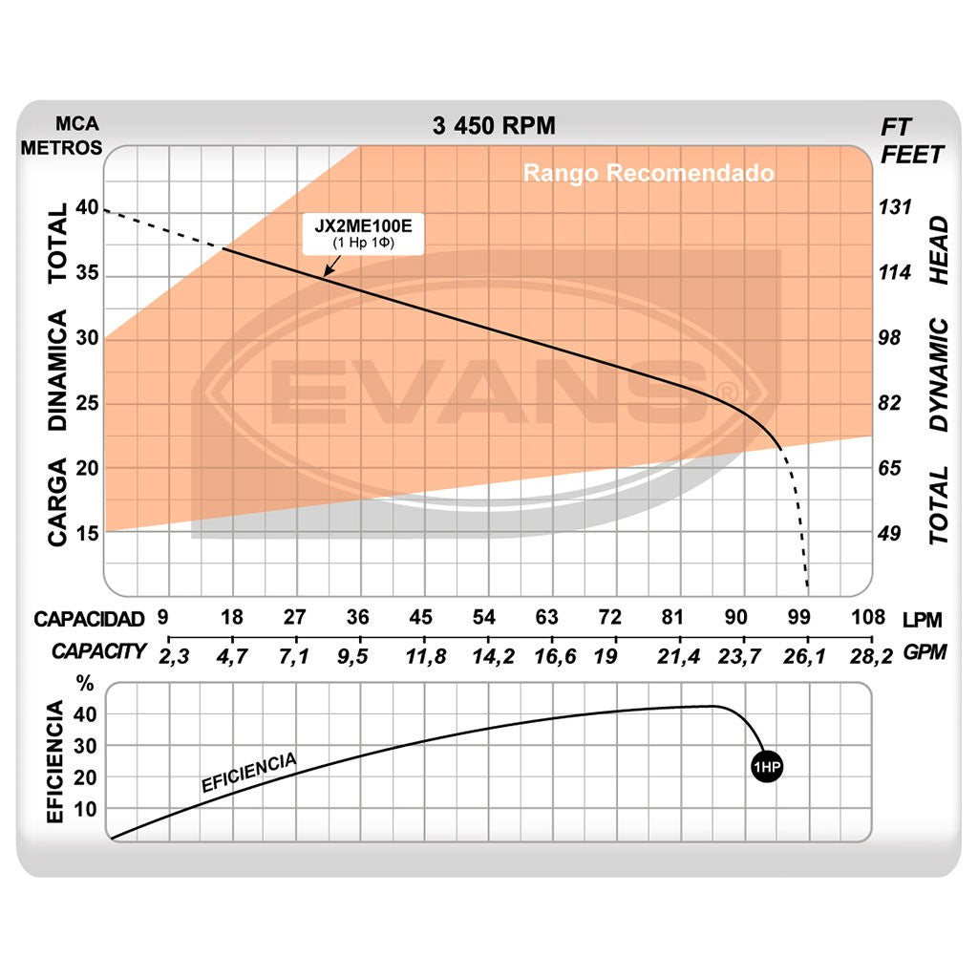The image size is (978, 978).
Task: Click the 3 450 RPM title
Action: click(493, 125)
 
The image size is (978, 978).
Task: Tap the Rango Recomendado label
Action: click(648, 174)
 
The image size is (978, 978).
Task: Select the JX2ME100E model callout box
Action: click(363, 234)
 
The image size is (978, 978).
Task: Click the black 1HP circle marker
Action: click(766, 768)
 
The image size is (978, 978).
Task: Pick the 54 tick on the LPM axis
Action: click(485, 617)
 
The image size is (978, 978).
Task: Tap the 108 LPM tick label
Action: click(868, 617)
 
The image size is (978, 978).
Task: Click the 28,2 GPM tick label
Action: click(871, 655)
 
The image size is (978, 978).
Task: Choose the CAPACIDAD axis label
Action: click(89, 619)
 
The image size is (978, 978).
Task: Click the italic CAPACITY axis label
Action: click(99, 651)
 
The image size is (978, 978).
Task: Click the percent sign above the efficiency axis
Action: click(86, 683)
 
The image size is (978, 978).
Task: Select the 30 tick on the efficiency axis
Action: click(86, 746)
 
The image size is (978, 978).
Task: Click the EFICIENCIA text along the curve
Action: click(248, 773)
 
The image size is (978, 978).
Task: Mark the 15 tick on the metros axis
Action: click(87, 533)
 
